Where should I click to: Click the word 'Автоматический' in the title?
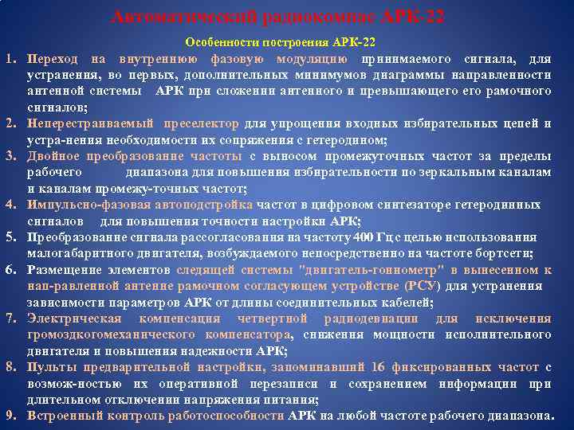pyautogui.click(x=169, y=18)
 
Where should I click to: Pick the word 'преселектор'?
pyautogui.click(x=201, y=123)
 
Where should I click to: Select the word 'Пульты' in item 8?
pyautogui.click(x=48, y=367)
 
